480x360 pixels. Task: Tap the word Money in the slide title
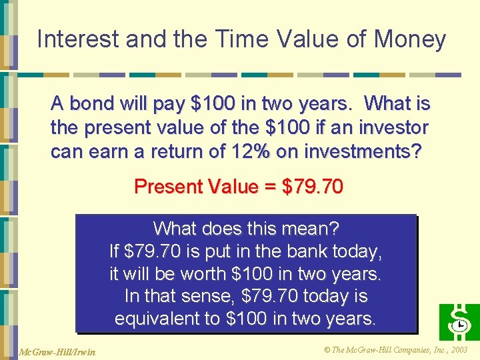[x=409, y=39]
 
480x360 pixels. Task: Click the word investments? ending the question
[x=363, y=151]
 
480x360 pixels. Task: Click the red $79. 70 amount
[x=313, y=187]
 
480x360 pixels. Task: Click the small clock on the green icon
[x=460, y=326]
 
